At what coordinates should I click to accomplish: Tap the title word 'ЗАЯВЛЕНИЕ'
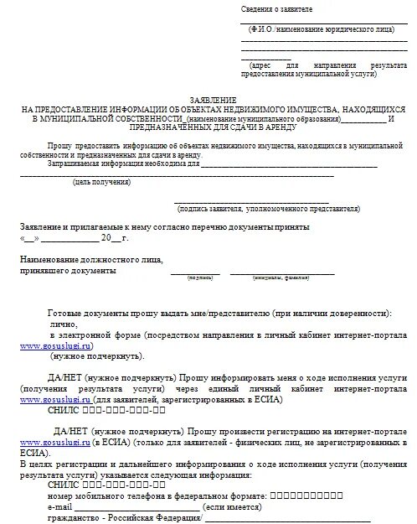tap(209, 99)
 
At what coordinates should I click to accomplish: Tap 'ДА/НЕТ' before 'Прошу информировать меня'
tap(67, 379)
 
